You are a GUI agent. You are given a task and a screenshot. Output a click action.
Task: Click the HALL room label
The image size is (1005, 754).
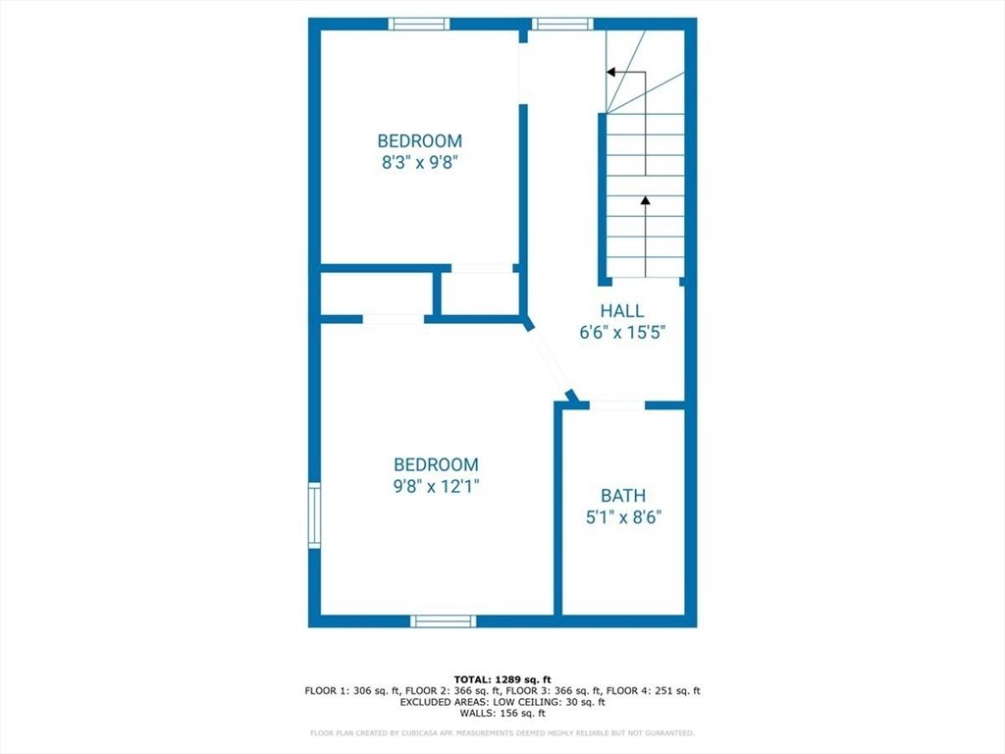623,311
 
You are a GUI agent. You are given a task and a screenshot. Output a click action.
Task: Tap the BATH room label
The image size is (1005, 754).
623,496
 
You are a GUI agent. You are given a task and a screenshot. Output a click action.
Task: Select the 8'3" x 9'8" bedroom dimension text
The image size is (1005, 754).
420,163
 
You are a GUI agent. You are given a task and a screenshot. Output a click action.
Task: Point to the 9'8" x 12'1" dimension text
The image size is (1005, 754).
436,485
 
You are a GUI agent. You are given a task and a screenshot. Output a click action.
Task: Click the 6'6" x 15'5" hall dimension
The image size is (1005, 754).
623,333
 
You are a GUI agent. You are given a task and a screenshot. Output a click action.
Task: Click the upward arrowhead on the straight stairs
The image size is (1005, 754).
645,200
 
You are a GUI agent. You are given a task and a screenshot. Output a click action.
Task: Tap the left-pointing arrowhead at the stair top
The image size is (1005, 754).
610,72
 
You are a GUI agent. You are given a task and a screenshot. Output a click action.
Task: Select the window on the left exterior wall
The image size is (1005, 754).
314,513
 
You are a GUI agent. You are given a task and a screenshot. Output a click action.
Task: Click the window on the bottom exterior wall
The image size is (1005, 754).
443,620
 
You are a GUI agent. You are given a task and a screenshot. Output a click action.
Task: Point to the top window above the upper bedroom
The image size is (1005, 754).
419,24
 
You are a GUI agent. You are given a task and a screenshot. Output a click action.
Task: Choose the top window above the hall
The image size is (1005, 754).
562,24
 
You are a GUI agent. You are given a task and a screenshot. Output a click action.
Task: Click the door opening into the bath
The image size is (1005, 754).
617,404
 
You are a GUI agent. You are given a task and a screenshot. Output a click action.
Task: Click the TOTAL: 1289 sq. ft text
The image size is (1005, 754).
502,679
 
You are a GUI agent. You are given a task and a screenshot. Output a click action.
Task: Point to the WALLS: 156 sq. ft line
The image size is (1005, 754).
502,713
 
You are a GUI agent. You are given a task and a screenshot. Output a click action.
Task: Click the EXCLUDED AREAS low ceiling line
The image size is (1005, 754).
502,702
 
